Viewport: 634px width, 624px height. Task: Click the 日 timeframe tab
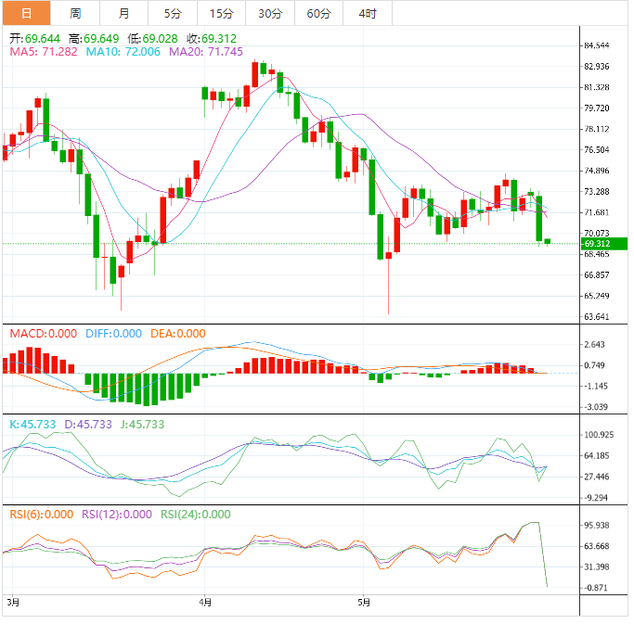pyautogui.click(x=25, y=13)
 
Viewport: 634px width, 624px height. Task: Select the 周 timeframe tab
pyautogui.click(x=75, y=13)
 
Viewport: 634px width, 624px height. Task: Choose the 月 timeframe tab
pyautogui.click(x=124, y=13)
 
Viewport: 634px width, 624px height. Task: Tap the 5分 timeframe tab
pyautogui.click(x=173, y=13)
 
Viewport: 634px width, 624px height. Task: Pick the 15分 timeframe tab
pyautogui.click(x=221, y=13)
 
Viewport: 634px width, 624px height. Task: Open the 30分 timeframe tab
pyautogui.click(x=270, y=13)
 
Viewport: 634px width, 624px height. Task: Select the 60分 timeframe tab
pyautogui.click(x=318, y=13)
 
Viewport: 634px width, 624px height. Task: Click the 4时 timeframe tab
pyautogui.click(x=367, y=13)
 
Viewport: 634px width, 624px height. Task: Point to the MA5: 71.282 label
pyautogui.click(x=44, y=52)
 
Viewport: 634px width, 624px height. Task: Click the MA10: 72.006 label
pyautogui.click(x=123, y=52)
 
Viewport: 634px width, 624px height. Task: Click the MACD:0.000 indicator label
pyautogui.click(x=43, y=334)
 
